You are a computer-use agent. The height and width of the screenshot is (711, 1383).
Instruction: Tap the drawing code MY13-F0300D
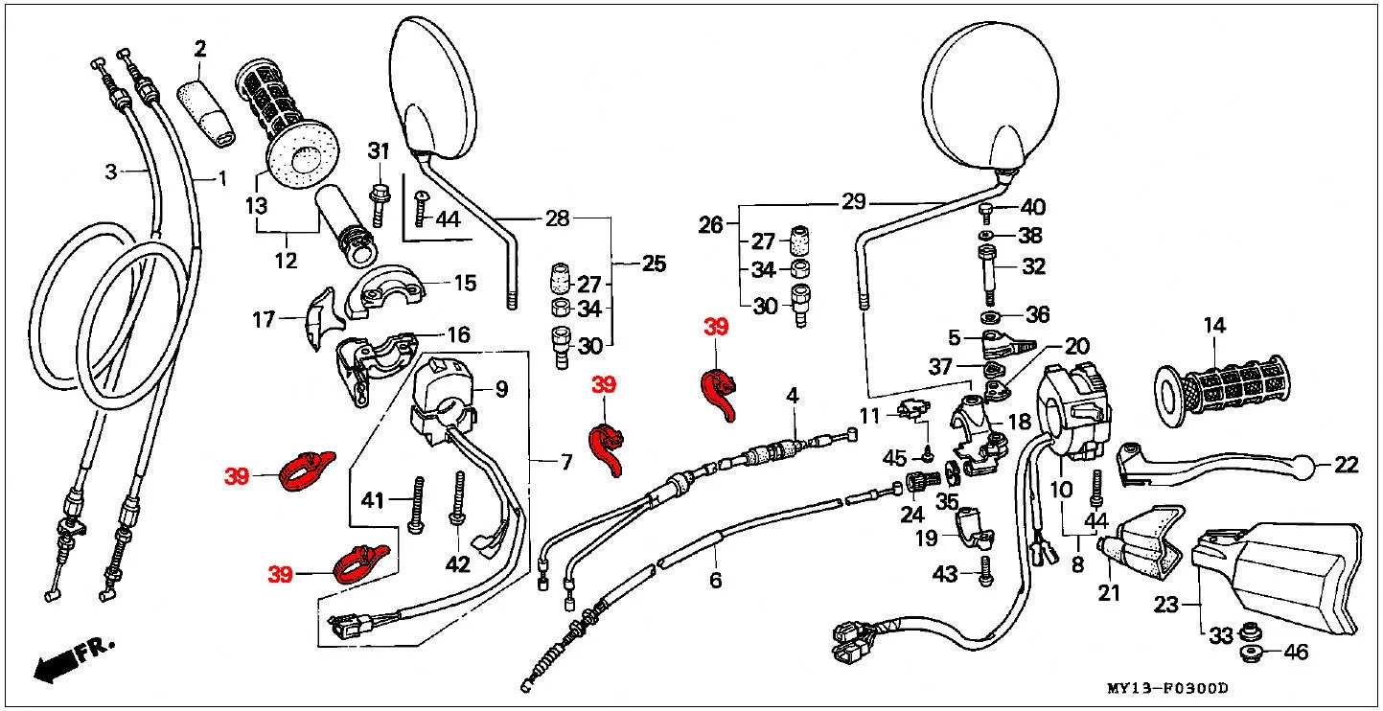tap(1167, 688)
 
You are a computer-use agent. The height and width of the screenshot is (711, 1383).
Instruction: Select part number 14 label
tap(1214, 325)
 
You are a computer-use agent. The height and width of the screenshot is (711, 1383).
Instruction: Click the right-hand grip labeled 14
tap(1221, 391)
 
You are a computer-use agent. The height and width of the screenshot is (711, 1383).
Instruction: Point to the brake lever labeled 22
tap(1210, 468)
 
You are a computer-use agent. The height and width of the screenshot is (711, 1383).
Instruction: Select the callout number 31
tap(379, 151)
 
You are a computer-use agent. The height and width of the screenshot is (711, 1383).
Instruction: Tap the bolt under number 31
tap(378, 205)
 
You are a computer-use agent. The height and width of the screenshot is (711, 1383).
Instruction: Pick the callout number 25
tap(655, 264)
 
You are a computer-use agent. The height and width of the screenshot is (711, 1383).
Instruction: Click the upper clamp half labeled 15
tap(385, 291)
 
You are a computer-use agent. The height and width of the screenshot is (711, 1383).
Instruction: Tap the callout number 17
tap(264, 320)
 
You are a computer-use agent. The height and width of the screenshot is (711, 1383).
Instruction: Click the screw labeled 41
tap(417, 504)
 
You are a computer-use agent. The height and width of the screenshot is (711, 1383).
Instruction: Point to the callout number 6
tap(715, 580)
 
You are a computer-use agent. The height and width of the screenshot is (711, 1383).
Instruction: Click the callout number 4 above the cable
tap(793, 396)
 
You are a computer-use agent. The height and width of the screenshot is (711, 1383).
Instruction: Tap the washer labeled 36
tap(991, 317)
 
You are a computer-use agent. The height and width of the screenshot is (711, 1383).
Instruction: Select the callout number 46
tap(1296, 652)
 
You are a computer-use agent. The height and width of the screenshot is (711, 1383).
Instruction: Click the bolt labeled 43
tap(985, 572)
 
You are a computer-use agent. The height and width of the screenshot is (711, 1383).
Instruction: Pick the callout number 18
tap(1020, 422)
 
